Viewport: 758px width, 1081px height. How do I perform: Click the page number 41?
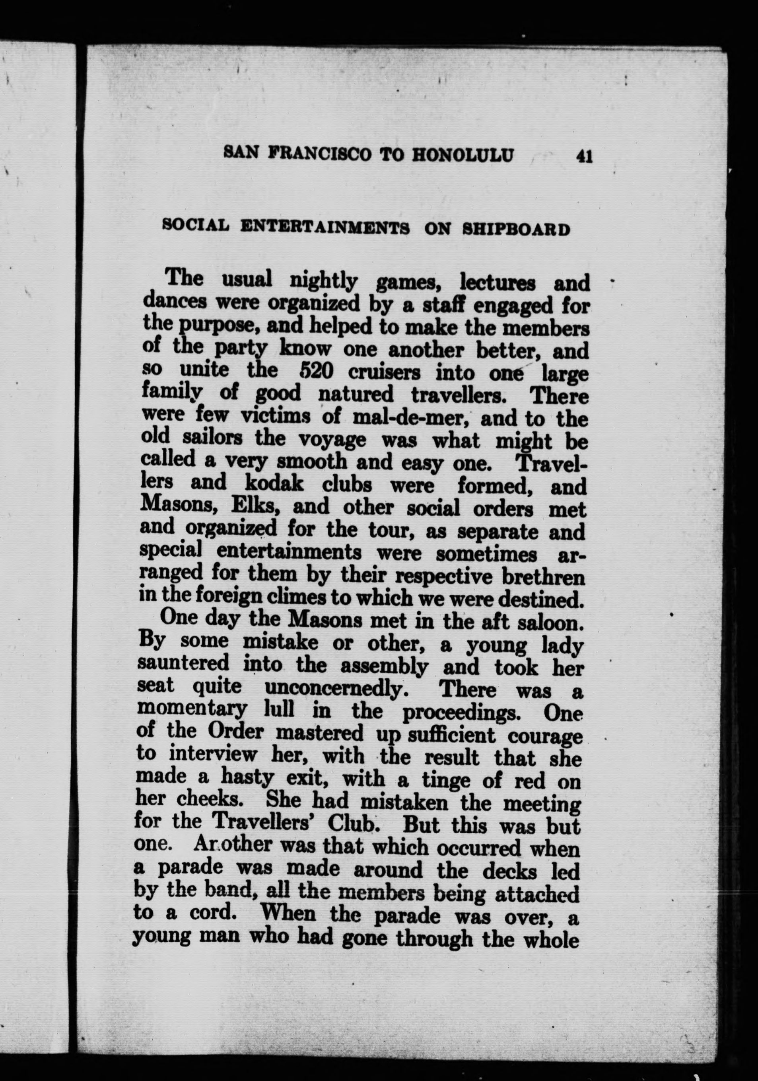click(x=583, y=156)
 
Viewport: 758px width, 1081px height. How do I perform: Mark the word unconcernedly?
click(x=335, y=690)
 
